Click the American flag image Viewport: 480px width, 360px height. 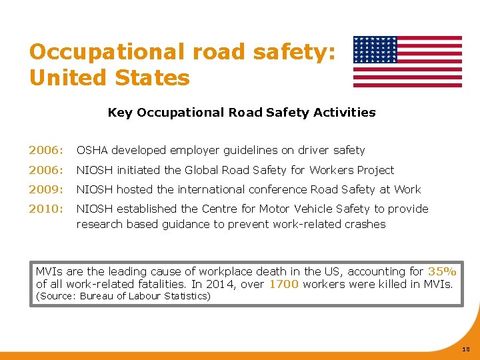(407, 61)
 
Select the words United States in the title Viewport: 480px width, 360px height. (109, 78)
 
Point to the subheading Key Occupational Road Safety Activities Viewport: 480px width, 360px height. (241, 113)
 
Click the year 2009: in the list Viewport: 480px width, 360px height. (45, 189)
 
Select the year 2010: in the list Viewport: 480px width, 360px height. (45, 209)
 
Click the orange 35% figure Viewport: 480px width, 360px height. (442, 271)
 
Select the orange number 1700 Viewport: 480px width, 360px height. (283, 285)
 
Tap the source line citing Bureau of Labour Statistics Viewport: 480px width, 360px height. (123, 296)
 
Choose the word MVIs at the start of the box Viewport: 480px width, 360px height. (49, 271)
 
